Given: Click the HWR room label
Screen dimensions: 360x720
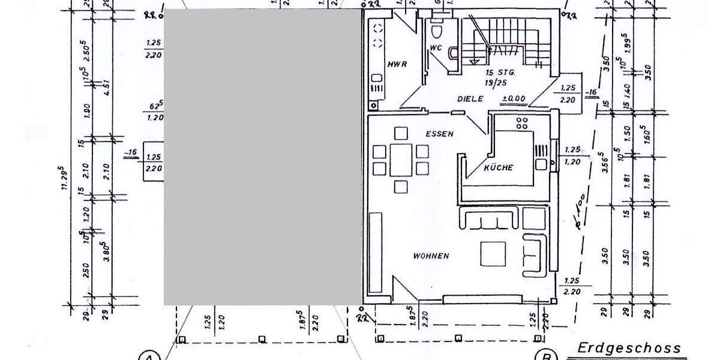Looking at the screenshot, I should click(x=397, y=64).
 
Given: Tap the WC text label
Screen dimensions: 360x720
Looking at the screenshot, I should click(x=436, y=49).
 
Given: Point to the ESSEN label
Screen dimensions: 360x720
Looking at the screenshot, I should click(x=440, y=134).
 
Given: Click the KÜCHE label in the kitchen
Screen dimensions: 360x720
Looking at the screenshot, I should click(x=499, y=168).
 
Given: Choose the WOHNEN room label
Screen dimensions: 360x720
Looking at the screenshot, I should click(x=431, y=256).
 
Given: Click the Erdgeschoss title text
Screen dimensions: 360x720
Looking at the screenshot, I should click(x=629, y=348).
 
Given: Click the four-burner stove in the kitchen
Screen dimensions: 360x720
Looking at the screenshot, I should click(x=522, y=124).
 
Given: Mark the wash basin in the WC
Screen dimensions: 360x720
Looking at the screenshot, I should click(x=453, y=53).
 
